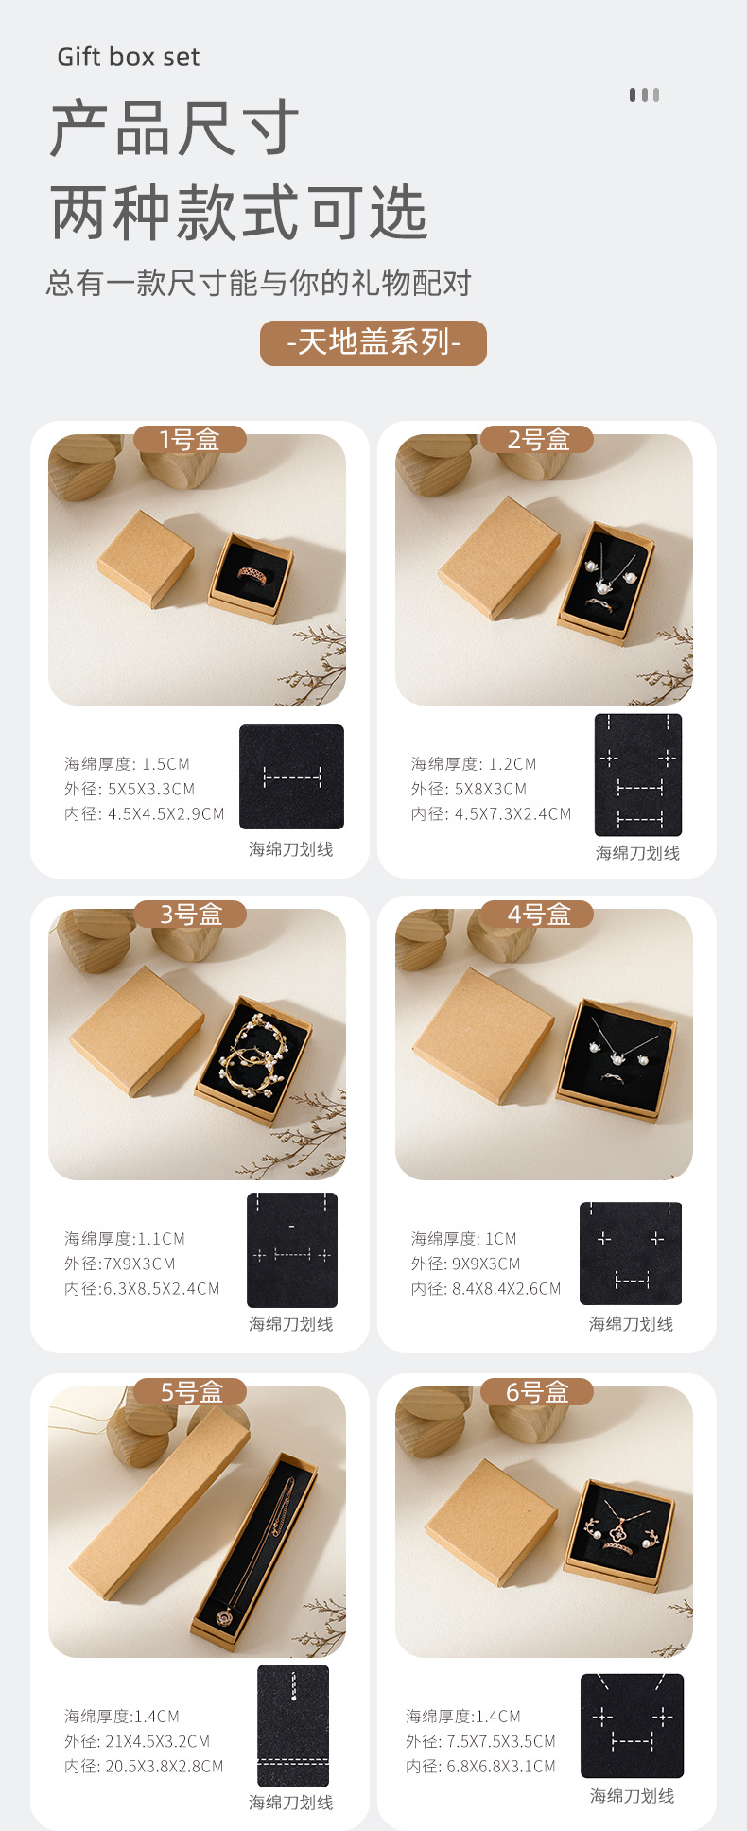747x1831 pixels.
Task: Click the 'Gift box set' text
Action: (128, 57)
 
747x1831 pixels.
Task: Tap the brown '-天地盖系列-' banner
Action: (373, 342)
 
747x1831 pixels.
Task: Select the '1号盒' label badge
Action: (189, 440)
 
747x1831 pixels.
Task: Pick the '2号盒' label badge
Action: (537, 440)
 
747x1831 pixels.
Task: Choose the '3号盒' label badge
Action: (190, 915)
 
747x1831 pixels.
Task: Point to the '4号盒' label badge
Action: (537, 915)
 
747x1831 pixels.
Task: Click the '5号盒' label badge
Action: (190, 1392)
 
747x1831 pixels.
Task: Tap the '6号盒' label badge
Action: (537, 1392)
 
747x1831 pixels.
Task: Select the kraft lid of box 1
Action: (147, 558)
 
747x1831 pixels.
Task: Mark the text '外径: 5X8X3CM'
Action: (468, 789)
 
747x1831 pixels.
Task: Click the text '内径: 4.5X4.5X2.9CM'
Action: (145, 813)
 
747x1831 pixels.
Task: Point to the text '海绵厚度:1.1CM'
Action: (125, 1238)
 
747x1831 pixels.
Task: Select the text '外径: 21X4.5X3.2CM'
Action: (137, 1741)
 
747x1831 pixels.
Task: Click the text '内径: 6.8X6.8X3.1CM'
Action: (480, 1766)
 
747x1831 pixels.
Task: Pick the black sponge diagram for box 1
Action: (291, 776)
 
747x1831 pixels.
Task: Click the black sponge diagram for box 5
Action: (293, 1726)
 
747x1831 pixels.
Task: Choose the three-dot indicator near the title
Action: (644, 95)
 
